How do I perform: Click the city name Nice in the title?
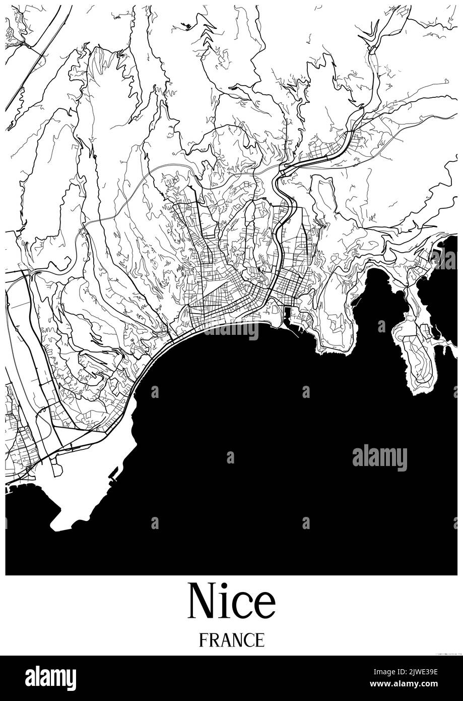point(231,601)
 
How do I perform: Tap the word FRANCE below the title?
point(231,639)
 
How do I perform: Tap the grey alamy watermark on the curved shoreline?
point(231,330)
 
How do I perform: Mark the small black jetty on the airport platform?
point(113,473)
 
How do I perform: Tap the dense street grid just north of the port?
point(290,287)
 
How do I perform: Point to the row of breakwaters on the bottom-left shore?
point(20,485)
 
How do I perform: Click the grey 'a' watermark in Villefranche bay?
point(381,326)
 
